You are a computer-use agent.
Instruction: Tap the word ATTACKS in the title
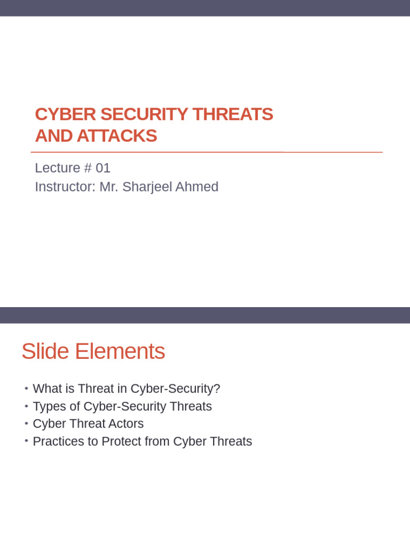tap(117, 136)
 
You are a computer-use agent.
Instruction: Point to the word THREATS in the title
tap(233, 114)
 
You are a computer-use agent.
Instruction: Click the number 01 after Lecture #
tap(103, 168)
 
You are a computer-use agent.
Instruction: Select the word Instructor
tap(64, 187)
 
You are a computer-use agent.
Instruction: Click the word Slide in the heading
tap(45, 352)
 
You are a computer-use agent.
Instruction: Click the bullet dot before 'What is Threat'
tap(26, 389)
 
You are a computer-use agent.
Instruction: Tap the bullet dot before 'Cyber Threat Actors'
tap(26, 424)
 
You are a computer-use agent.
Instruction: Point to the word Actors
tap(126, 424)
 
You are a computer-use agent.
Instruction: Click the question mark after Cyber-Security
tap(217, 389)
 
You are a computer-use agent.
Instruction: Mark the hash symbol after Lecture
tap(88, 168)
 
